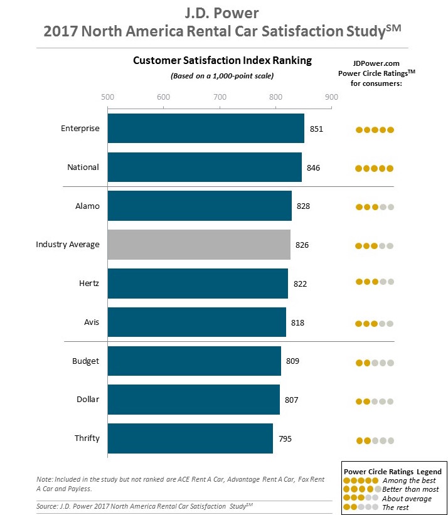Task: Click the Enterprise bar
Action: coord(206,129)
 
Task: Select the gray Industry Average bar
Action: coord(199,245)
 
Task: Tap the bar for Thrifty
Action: coord(190,438)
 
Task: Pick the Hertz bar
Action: coord(198,284)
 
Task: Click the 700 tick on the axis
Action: coord(220,97)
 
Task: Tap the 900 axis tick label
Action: coord(331,97)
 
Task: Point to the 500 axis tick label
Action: coord(107,97)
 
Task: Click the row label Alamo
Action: coord(87,206)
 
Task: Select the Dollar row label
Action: coord(88,399)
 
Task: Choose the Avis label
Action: coord(92,322)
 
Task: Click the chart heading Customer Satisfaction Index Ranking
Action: coord(222,61)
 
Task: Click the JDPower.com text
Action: coord(376,63)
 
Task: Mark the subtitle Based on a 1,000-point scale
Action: coord(222,76)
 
